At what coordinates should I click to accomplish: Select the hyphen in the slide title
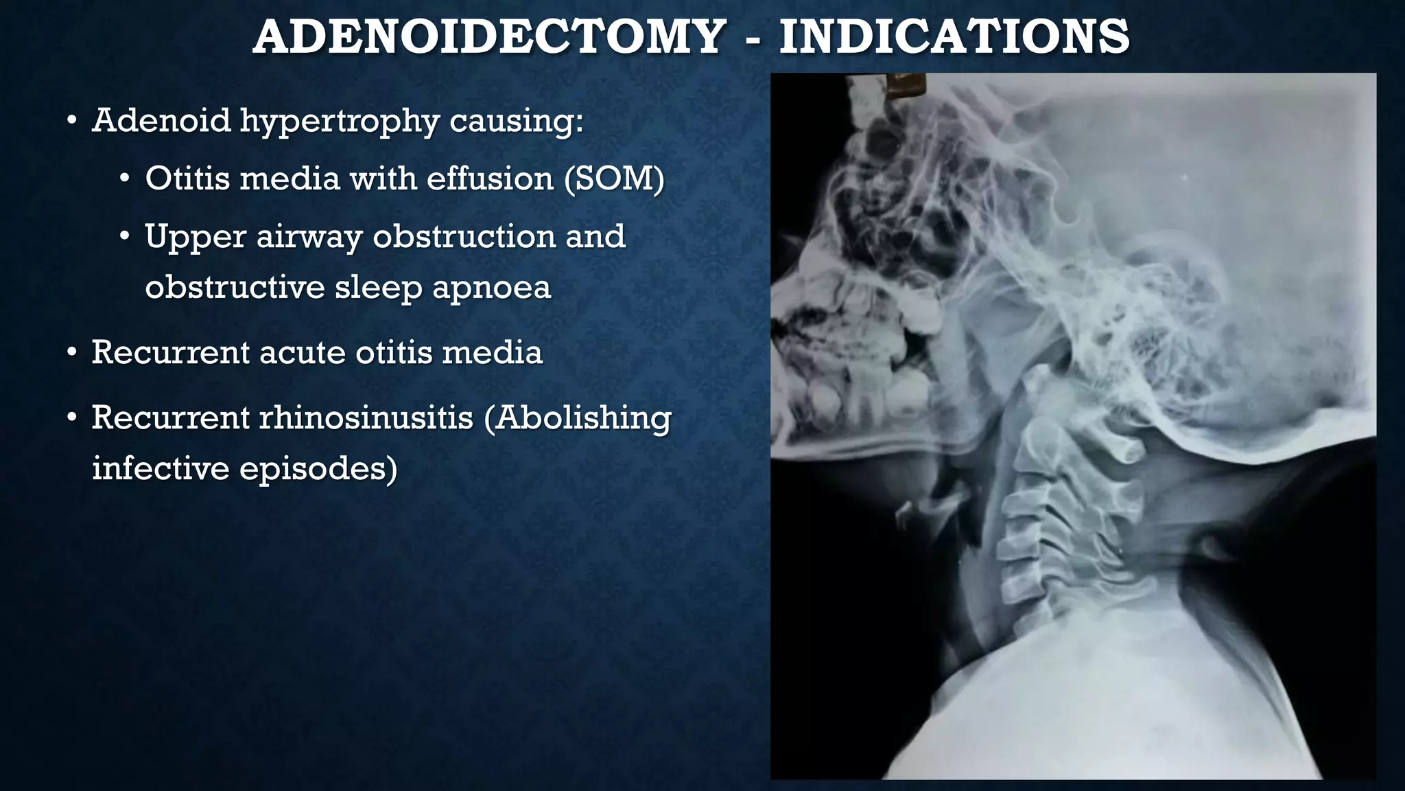click(752, 40)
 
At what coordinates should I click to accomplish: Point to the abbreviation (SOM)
click(614, 179)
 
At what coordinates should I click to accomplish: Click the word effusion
click(490, 179)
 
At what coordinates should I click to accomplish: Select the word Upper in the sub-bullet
click(195, 238)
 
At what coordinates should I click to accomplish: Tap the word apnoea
click(491, 287)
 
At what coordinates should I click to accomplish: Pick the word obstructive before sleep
click(235, 287)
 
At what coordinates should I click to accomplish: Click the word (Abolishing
click(578, 417)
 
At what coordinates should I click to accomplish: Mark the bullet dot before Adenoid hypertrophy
click(71, 122)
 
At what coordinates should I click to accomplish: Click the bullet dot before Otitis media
click(124, 180)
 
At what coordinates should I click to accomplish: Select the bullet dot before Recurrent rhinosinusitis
click(71, 417)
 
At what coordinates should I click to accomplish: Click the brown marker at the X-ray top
click(904, 85)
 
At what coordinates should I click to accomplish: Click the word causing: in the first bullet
click(516, 122)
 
